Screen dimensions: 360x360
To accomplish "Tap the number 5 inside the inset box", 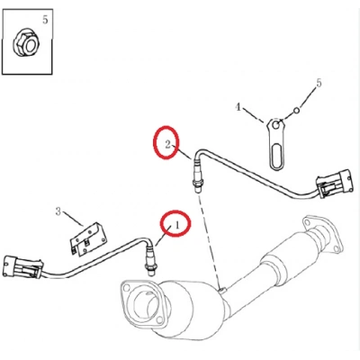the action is click(45, 20).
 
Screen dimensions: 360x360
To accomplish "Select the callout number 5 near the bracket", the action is click(319, 83).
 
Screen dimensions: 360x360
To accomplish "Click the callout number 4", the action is click(238, 107).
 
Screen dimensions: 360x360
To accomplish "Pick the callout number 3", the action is click(58, 211).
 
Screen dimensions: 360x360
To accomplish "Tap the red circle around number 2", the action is click(166, 142).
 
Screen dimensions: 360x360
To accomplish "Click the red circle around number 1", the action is click(175, 223).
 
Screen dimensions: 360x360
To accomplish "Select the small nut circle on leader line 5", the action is click(296, 111).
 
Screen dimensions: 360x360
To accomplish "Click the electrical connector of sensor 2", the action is click(334, 184).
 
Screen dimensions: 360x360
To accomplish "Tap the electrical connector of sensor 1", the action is click(23, 266).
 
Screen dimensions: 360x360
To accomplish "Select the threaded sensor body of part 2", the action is click(197, 176).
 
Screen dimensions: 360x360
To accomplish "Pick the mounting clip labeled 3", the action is click(88, 239).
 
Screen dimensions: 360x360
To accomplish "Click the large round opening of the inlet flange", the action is click(146, 304).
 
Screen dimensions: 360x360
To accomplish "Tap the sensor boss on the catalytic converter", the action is click(222, 290).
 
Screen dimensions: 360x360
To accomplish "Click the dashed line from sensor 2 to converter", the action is click(209, 240).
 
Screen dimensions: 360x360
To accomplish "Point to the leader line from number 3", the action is click(73, 220).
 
